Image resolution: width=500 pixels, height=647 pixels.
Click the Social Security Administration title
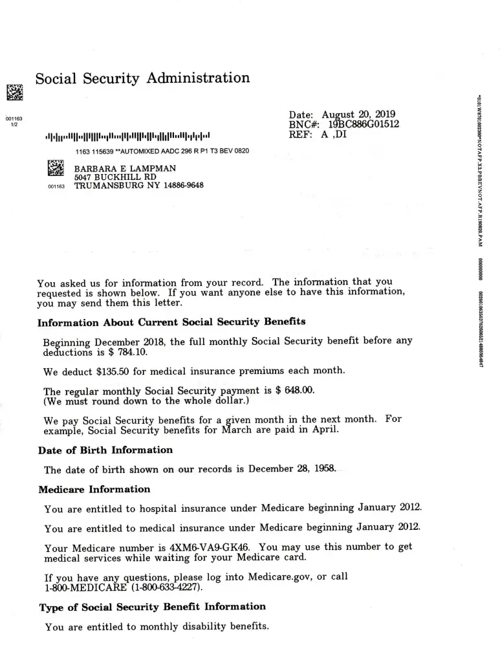142,78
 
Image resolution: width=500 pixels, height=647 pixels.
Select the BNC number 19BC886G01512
364,124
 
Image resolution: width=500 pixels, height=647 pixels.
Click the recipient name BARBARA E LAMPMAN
125,168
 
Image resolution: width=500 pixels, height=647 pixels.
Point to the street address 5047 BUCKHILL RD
115,177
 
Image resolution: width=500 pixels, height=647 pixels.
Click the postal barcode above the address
127,137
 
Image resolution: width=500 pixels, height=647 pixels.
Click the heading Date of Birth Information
105,450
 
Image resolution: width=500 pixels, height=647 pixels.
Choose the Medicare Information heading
94,490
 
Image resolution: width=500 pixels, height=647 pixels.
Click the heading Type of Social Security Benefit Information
153,607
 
